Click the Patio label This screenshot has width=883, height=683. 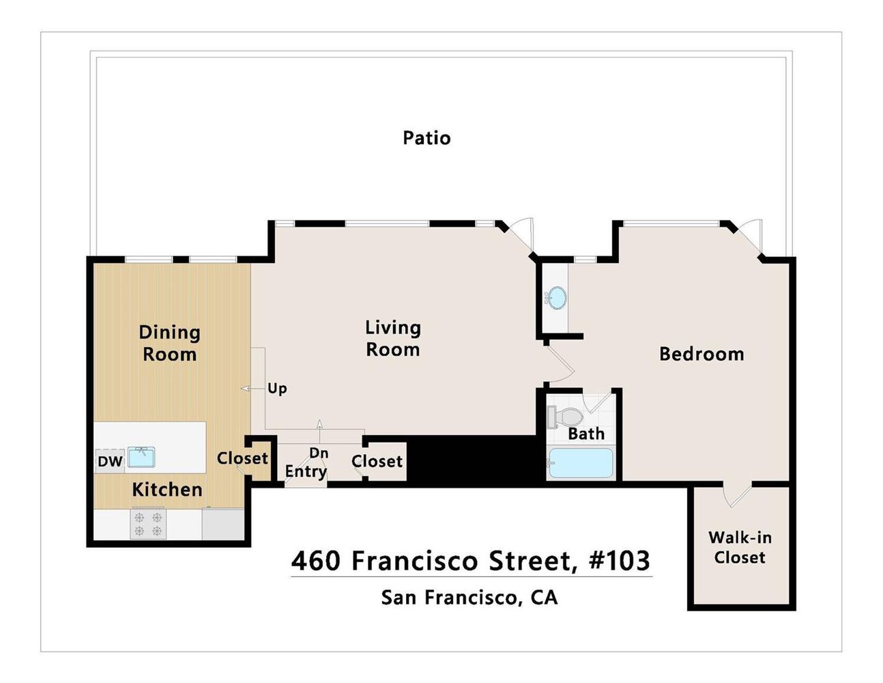tap(426, 138)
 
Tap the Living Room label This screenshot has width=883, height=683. tap(392, 339)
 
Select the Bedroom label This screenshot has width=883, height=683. tap(701, 354)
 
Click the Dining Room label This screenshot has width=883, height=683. tap(169, 344)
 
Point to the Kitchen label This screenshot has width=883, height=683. tap(167, 490)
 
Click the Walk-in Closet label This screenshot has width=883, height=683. tap(740, 548)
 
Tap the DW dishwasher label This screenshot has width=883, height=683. tap(109, 462)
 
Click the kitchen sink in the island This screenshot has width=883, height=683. tap(142, 457)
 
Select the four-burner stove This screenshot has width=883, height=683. tap(148, 524)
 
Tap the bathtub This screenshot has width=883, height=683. tap(581, 463)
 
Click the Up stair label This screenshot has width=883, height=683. tap(277, 389)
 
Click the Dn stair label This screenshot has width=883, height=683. tap(319, 453)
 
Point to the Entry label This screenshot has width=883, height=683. tap(305, 471)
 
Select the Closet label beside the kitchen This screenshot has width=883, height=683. tap(242, 458)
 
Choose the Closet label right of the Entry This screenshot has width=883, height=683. tap(377, 462)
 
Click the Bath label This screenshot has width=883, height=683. tap(586, 434)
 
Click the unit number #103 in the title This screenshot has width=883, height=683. tap(619, 561)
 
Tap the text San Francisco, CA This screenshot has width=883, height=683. tap(469, 598)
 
